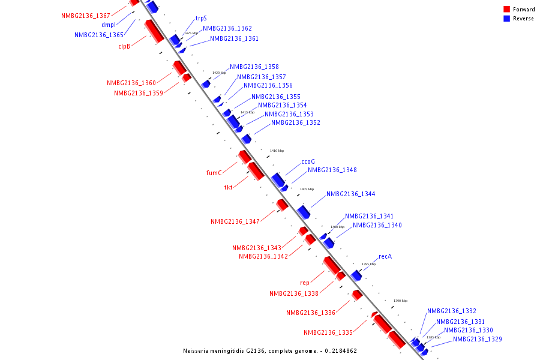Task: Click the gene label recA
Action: coord(385,256)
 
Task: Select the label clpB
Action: coord(124,46)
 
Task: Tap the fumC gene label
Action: coord(214,173)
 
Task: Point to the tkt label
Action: coord(229,187)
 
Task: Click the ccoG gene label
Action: coord(308,161)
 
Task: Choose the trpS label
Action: coord(201,19)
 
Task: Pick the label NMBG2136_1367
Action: coord(86,16)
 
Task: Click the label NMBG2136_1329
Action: coord(478,339)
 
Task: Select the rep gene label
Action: coord(305,283)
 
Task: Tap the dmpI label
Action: coord(109,25)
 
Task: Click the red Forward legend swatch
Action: coord(506,9)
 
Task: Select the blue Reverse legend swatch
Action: coord(506,19)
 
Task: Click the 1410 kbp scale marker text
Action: coord(277,151)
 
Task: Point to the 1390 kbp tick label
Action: coord(400,301)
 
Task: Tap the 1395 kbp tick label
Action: coord(368,264)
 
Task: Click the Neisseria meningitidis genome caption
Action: coord(270,350)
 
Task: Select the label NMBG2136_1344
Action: coord(351,194)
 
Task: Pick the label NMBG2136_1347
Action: coord(235,221)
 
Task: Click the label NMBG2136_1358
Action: coord(254,67)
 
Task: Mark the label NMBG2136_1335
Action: coord(328,332)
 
